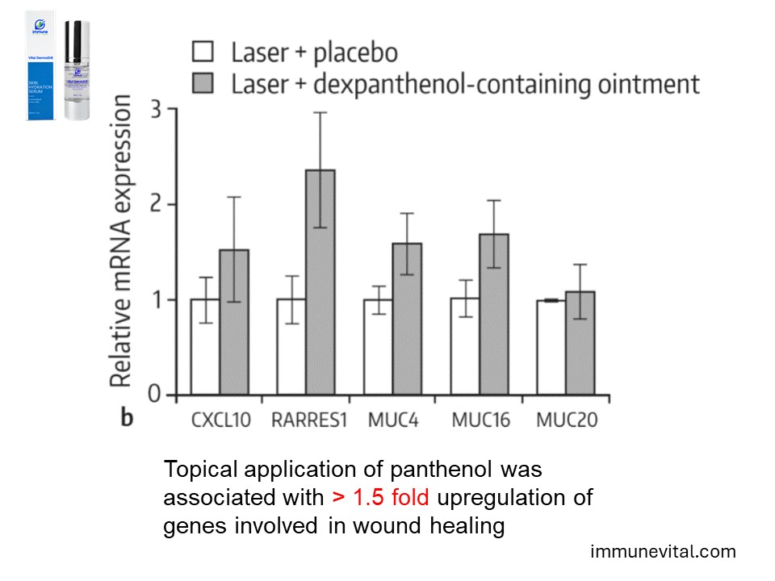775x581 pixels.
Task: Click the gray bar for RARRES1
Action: [x=320, y=282]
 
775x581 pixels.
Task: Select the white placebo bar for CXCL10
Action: [x=205, y=347]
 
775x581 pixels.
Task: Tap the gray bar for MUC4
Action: [x=406, y=319]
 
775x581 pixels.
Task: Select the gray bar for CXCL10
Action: [x=233, y=323]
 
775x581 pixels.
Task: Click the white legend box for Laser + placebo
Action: [x=203, y=52]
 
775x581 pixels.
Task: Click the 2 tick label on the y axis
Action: [x=159, y=204]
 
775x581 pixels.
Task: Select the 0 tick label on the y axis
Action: [x=159, y=395]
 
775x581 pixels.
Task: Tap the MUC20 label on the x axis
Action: [x=565, y=420]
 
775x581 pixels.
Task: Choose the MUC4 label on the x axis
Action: [x=393, y=420]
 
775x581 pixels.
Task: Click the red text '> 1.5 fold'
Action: [x=381, y=497]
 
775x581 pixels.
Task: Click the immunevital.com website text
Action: [x=664, y=552]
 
